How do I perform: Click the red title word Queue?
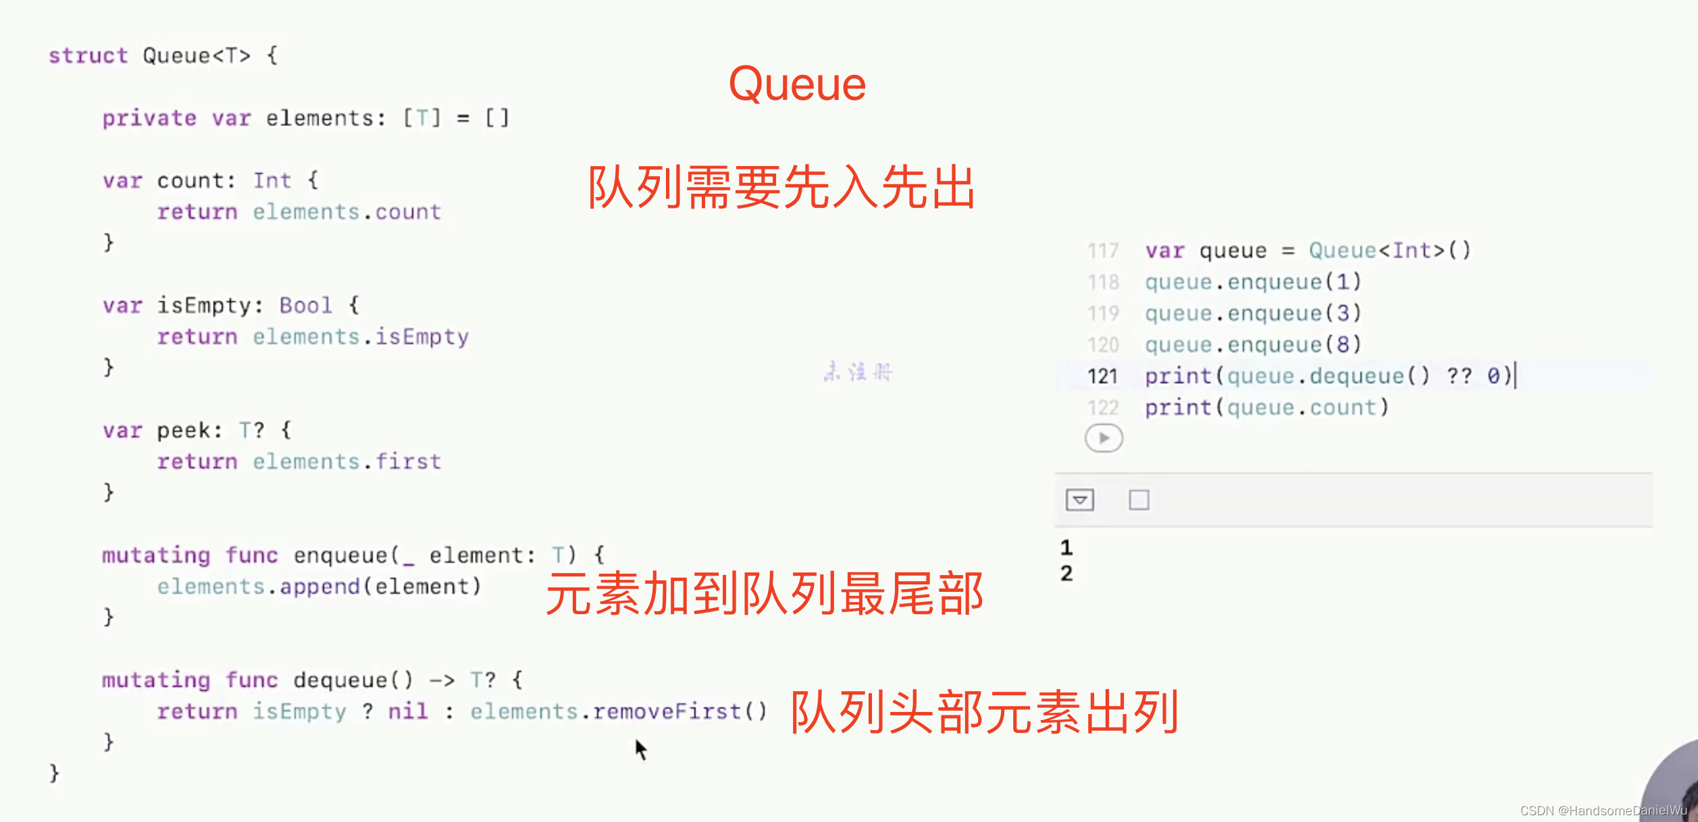[797, 85]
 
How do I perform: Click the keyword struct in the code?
[88, 55]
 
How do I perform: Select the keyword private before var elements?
[149, 118]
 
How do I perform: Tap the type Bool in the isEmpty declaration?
[305, 306]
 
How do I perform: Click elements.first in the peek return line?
[346, 462]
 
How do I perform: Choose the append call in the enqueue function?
[319, 586]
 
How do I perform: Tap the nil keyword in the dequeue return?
[408, 711]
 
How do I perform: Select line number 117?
[1103, 251]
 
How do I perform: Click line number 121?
[1102, 376]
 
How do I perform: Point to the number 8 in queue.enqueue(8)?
[1343, 345]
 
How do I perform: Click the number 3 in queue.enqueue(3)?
[1343, 313]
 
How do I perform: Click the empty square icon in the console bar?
[1139, 500]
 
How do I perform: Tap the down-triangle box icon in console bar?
[1079, 500]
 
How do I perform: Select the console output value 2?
[1066, 574]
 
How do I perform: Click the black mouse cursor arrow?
[640, 748]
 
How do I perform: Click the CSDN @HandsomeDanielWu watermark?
[1603, 811]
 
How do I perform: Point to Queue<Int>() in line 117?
[1389, 251]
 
